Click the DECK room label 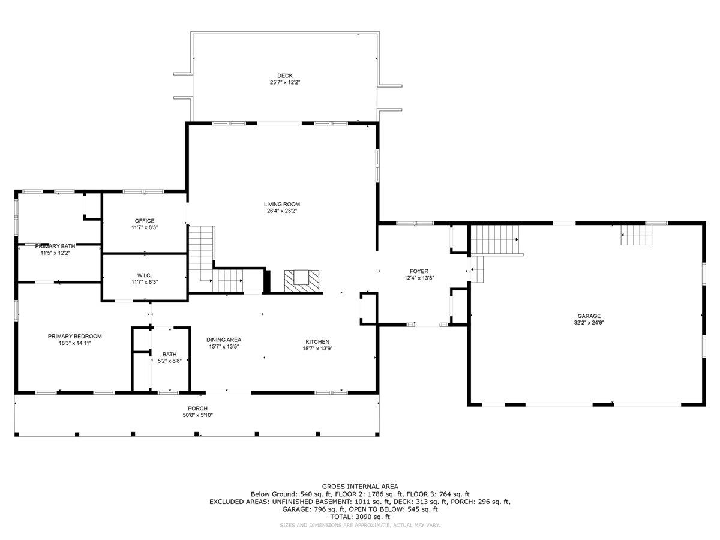[285, 76]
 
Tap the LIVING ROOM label [282, 204]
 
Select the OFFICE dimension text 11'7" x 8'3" [145, 227]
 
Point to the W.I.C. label [145, 275]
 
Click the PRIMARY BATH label [55, 246]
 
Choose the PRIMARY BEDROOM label [75, 337]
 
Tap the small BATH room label [170, 355]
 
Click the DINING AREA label [224, 340]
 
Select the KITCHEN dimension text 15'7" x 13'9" [317, 349]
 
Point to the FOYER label [419, 271]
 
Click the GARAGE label [589, 316]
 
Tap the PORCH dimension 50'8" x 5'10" [198, 415]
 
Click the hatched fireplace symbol [301, 281]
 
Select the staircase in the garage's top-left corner [495, 239]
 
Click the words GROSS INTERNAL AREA [360, 487]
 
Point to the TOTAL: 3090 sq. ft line [360, 517]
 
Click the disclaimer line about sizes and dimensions [360, 525]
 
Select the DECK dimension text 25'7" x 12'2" [285, 82]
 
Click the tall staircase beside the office [202, 259]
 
